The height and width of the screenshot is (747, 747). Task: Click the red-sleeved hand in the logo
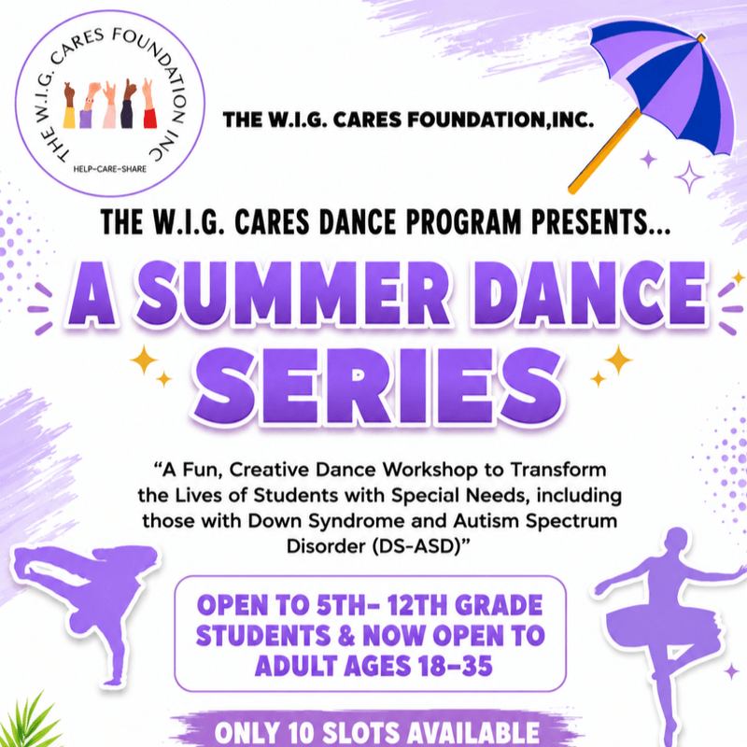(149, 104)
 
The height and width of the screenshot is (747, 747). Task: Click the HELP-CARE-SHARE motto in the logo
(109, 169)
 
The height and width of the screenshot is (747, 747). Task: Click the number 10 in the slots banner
(303, 733)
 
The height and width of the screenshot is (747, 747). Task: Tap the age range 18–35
(455, 666)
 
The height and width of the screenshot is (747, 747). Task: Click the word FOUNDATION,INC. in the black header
(500, 120)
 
